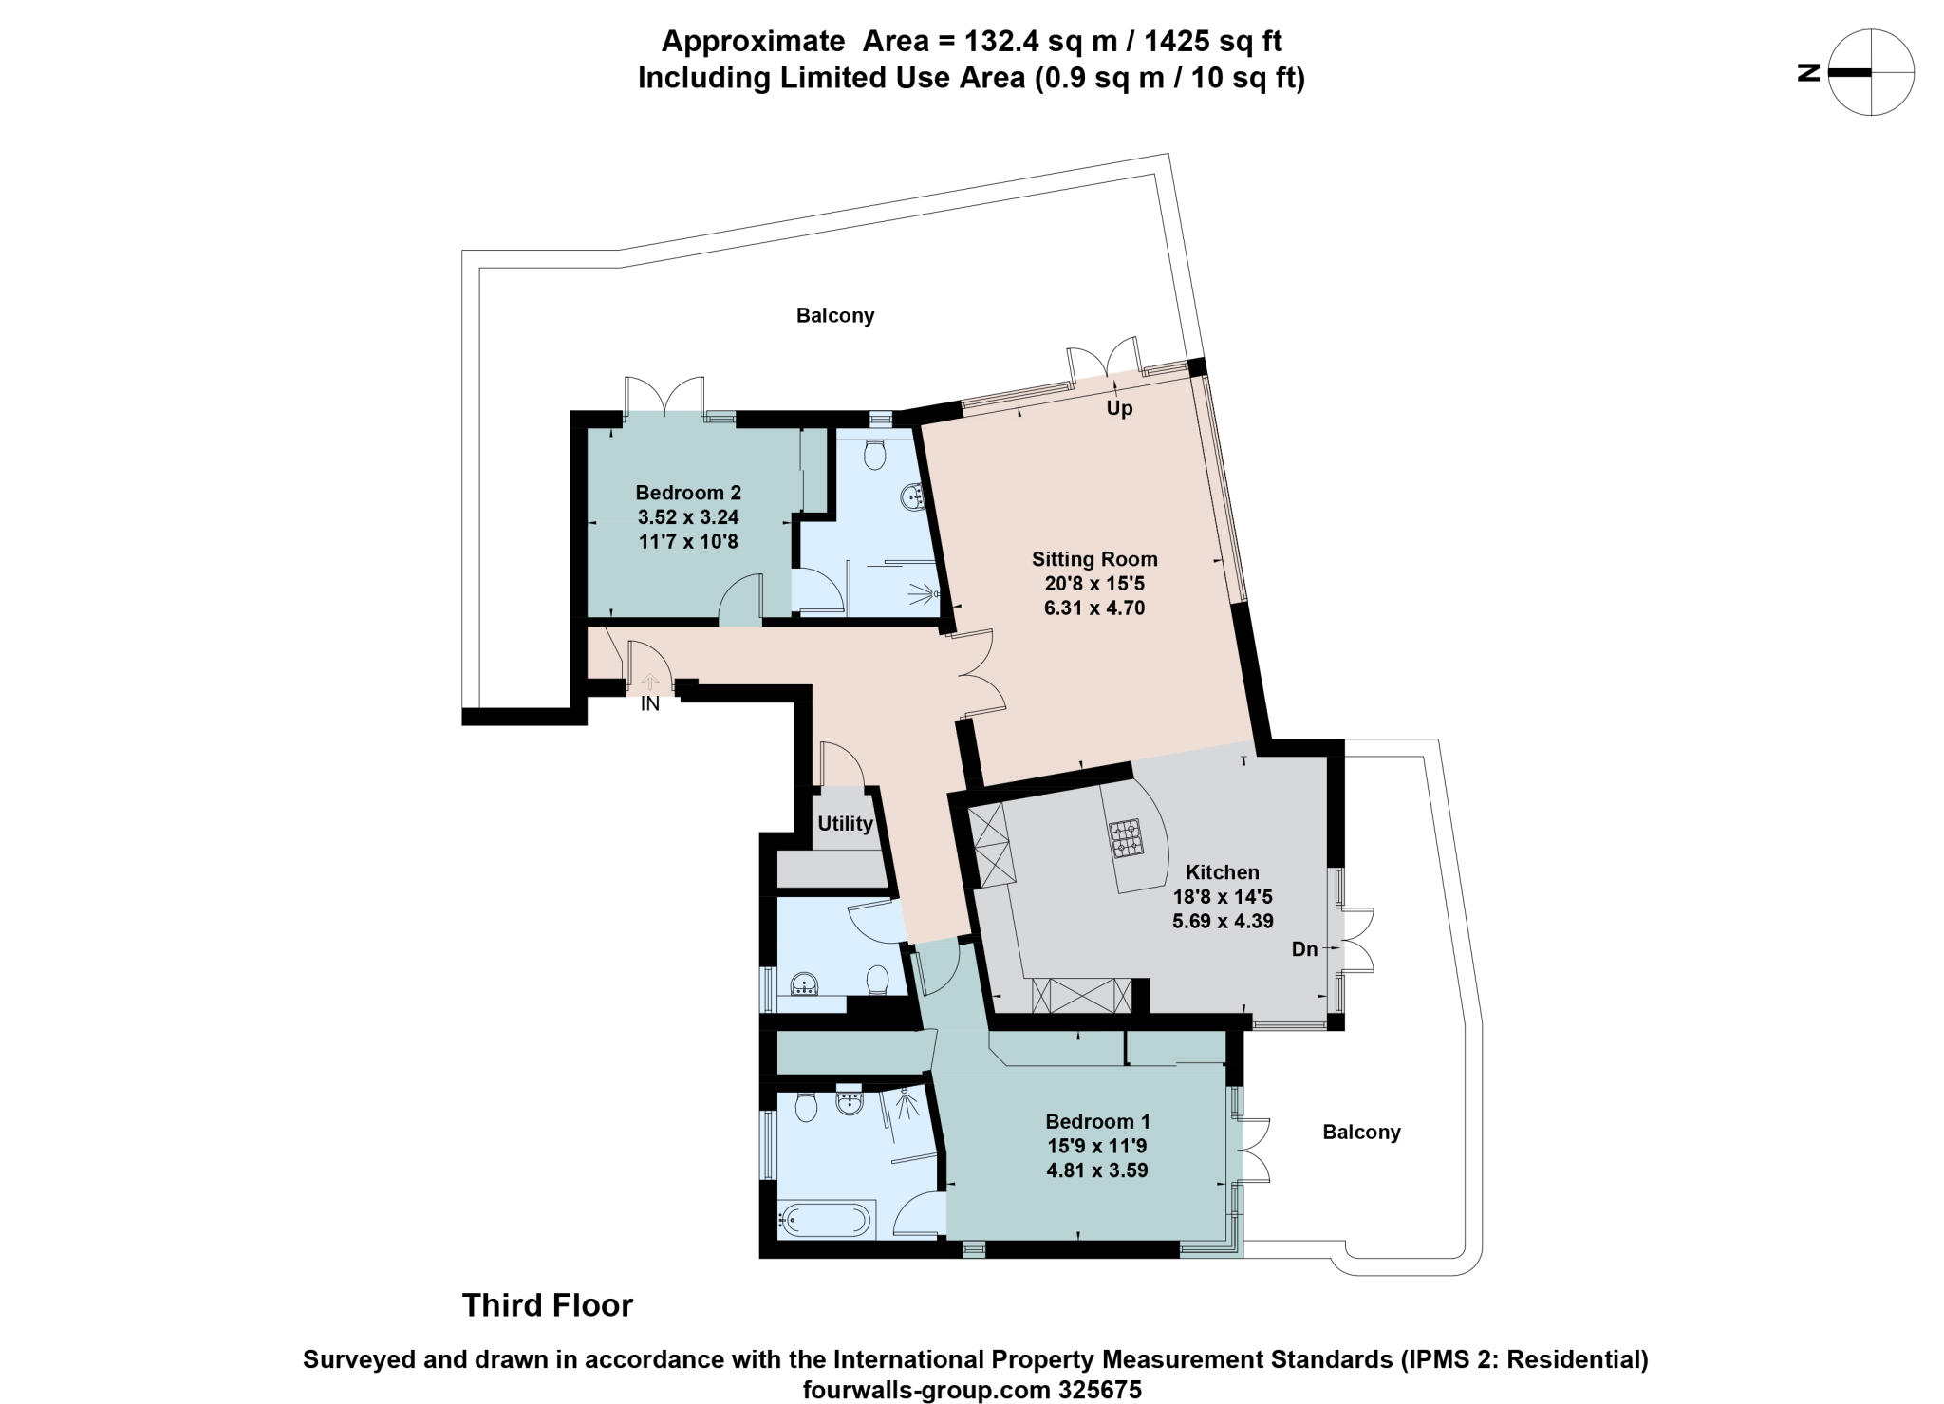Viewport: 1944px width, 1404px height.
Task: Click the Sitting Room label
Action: click(1094, 559)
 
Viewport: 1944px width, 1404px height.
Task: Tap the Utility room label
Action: click(845, 823)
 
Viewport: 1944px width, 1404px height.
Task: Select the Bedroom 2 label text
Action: click(688, 493)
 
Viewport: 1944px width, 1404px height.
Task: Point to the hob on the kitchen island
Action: click(1127, 838)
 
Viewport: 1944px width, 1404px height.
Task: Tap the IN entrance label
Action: click(650, 704)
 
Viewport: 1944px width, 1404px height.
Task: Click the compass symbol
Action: click(1871, 72)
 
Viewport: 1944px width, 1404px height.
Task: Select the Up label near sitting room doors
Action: click(1119, 409)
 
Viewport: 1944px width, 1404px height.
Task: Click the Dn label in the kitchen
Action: click(1304, 948)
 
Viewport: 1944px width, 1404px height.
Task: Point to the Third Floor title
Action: click(548, 1305)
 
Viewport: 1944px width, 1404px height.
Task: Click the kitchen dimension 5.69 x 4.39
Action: click(1223, 920)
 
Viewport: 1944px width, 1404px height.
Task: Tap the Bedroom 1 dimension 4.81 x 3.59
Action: click(1096, 1170)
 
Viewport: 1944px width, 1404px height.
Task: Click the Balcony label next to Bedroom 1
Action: click(1361, 1132)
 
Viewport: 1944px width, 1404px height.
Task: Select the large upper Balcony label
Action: click(835, 315)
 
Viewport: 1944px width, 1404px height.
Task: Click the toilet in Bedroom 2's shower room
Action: click(875, 455)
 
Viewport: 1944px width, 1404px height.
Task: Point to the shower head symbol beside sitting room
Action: click(922, 594)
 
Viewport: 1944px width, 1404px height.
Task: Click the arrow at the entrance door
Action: click(650, 682)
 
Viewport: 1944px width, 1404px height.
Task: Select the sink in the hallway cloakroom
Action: click(806, 984)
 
